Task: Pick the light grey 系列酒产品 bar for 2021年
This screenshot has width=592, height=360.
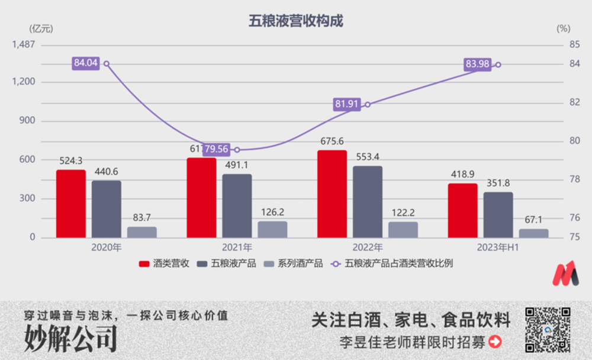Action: click(272, 230)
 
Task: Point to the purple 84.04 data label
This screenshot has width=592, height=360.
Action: click(85, 63)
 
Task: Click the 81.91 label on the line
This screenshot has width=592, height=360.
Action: click(347, 105)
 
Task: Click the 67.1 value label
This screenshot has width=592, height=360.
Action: click(533, 220)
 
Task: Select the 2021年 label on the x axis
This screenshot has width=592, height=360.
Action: click(237, 247)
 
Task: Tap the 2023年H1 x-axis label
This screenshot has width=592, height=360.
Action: click(498, 247)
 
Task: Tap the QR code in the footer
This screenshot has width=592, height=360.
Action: click(548, 330)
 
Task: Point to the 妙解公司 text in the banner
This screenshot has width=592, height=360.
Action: click(70, 339)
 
